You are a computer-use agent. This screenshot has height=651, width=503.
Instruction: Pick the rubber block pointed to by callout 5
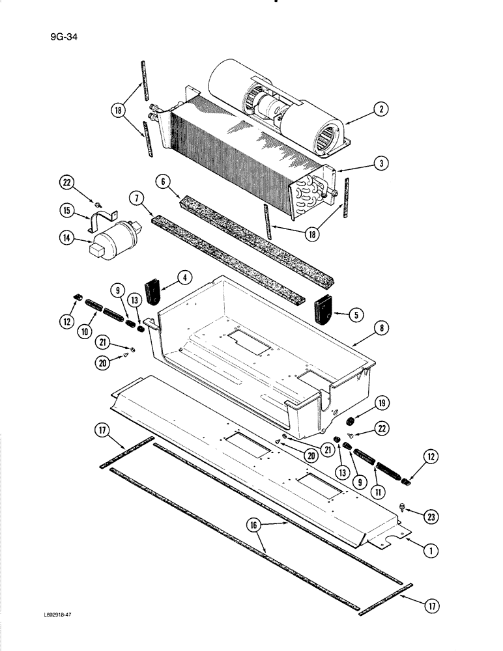pyautogui.click(x=323, y=309)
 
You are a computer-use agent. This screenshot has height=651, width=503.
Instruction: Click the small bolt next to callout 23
pyautogui.click(x=402, y=507)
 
